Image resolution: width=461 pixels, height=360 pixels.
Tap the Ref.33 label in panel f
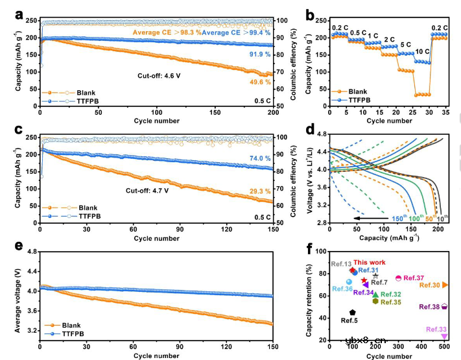click(x=435, y=330)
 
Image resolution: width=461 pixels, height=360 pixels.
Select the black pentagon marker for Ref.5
click(x=353, y=313)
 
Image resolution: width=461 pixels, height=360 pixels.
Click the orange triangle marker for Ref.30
click(x=445, y=285)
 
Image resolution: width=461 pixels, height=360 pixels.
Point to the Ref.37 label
click(x=413, y=278)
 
